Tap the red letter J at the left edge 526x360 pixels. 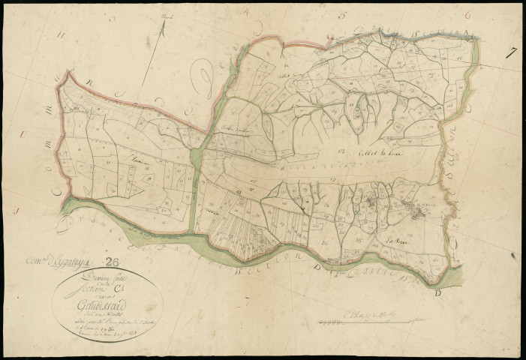click(x=16, y=212)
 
